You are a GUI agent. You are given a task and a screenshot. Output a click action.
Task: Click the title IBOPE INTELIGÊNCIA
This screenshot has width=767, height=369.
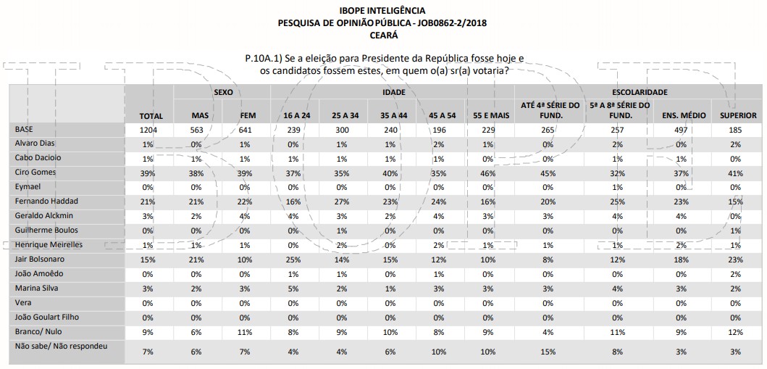(382, 11)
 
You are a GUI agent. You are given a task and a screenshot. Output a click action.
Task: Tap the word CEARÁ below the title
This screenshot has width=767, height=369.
(382, 34)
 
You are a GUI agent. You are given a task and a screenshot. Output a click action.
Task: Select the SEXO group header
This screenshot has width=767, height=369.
(222, 92)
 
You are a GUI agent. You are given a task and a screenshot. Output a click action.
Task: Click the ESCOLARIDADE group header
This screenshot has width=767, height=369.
(640, 92)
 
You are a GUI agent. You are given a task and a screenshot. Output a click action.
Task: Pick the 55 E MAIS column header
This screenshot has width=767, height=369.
(489, 115)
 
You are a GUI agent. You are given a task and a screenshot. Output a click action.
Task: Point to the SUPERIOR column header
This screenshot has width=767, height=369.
(737, 115)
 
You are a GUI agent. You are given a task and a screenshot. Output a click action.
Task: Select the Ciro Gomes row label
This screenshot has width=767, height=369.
(36, 173)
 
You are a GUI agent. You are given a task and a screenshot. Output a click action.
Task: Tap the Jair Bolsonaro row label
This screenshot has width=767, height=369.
(41, 259)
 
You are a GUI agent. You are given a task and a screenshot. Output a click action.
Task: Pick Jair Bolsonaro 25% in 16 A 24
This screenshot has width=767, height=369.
(292, 260)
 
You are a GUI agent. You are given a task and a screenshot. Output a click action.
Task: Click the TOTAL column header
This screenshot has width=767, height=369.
(151, 116)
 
